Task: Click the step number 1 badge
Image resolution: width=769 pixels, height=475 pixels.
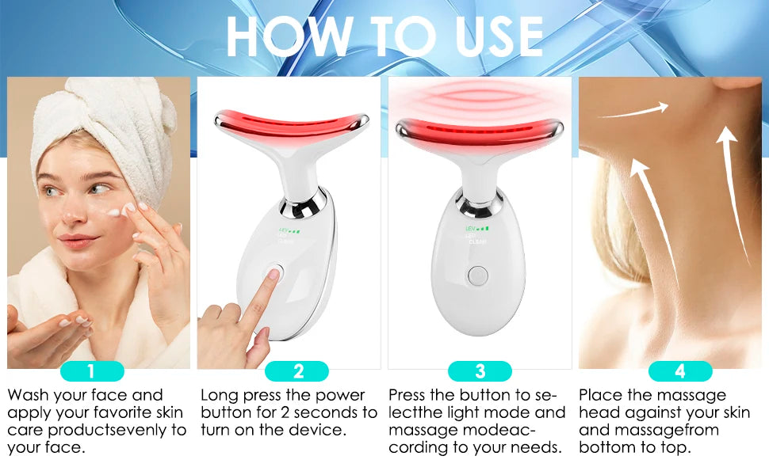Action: coord(91,371)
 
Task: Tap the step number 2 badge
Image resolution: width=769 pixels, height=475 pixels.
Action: coord(297,371)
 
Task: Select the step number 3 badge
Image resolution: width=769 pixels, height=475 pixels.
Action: coord(480,371)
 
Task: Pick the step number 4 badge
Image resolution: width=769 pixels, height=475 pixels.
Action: coord(679,371)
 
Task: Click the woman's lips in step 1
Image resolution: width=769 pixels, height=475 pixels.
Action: coord(77,238)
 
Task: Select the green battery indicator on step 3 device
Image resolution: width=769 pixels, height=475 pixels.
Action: coord(478,228)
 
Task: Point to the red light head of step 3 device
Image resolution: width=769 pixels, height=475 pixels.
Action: coord(479,126)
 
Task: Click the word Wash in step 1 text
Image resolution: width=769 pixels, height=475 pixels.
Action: coord(29,395)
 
